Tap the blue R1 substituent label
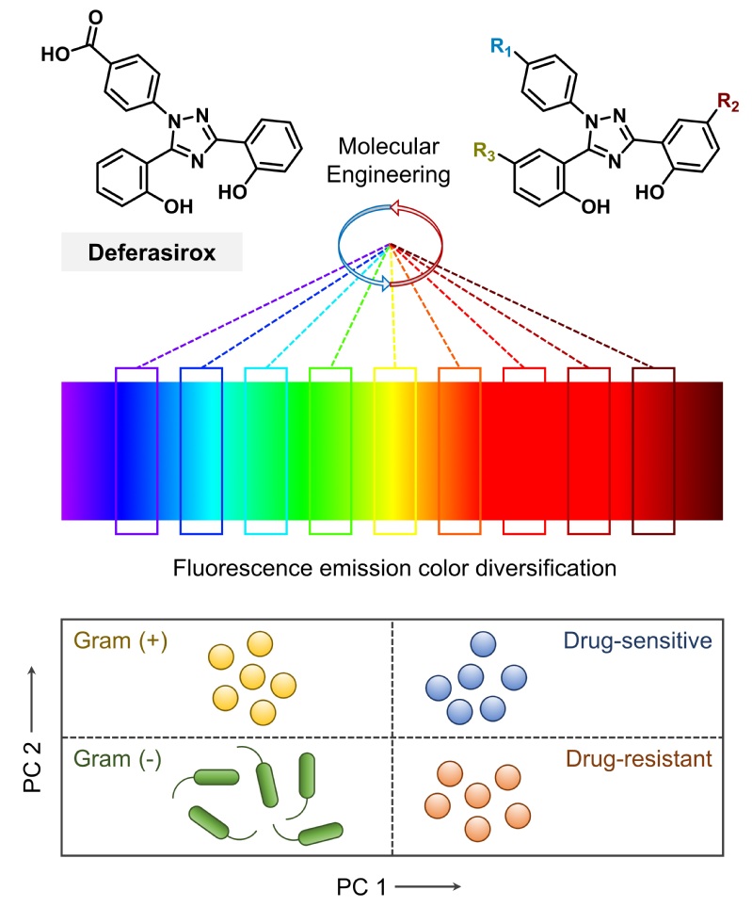pyautogui.click(x=495, y=41)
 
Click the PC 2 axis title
pyautogui.click(x=31, y=725)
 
